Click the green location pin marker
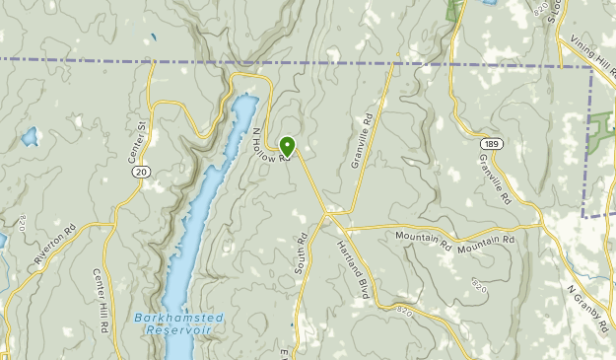click(x=287, y=146)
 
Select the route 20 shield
click(x=142, y=172)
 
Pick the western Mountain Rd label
click(x=422, y=237)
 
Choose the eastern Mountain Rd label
click(x=486, y=240)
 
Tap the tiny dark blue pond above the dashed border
click(x=153, y=40)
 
